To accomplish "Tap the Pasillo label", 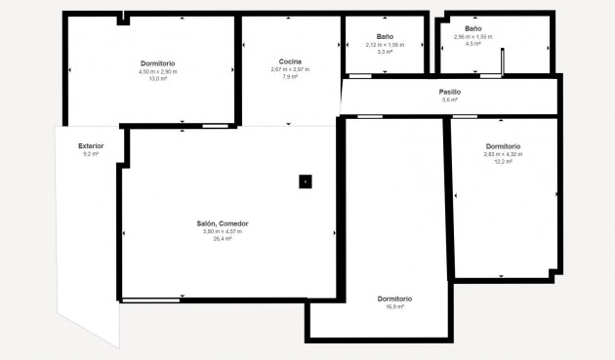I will tap(450, 92).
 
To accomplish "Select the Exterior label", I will tap(91, 146).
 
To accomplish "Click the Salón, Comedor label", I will tap(223, 223).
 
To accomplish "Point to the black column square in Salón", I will tap(306, 180).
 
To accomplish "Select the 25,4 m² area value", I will tap(223, 238).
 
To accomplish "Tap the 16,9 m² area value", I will tap(395, 306).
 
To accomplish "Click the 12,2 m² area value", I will tap(503, 161).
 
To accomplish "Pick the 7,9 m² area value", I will tap(289, 76).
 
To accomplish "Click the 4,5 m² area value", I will tap(473, 44).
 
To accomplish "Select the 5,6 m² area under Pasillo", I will tap(450, 100).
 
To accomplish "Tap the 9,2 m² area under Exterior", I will tap(91, 154).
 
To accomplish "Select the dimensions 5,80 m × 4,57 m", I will tap(223, 231).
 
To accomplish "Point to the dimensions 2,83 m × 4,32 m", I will tap(503, 154).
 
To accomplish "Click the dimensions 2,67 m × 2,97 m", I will tap(289, 69).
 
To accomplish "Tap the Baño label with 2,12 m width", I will tap(385, 37).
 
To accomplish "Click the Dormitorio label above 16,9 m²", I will tap(395, 299).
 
